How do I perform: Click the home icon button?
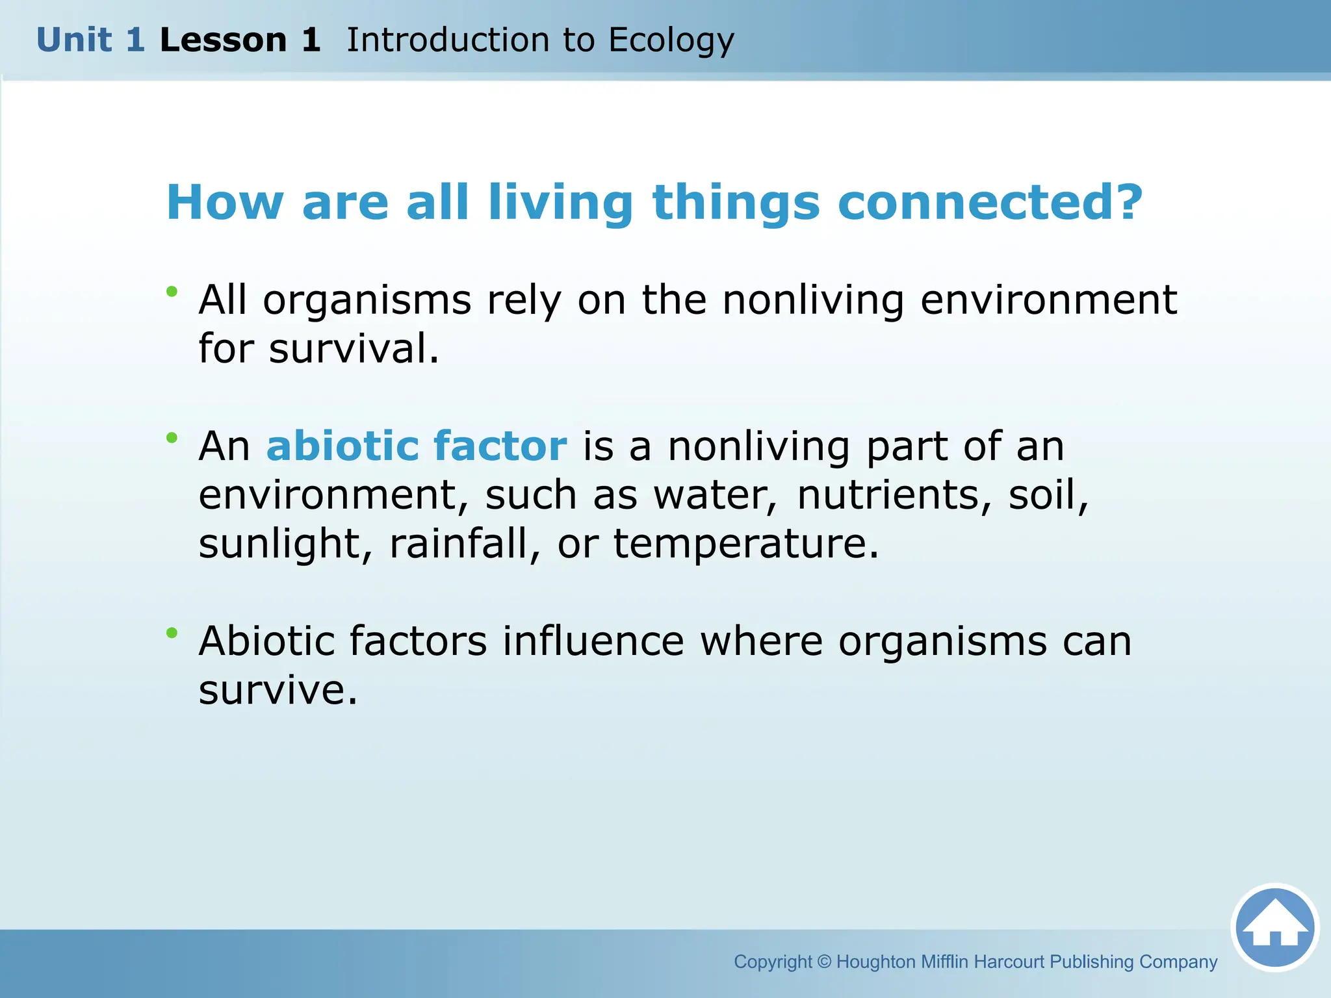coord(1274,927)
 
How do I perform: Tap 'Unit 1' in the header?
coord(90,40)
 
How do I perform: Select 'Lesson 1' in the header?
coord(240,40)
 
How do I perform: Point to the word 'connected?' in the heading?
coord(990,202)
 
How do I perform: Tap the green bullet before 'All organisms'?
coord(172,292)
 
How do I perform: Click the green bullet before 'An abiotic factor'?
coord(172,438)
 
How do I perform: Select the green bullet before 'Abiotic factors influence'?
coord(172,632)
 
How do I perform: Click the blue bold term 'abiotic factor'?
coord(417,446)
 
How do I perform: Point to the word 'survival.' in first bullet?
coord(354,348)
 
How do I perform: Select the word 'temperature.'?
coord(746,544)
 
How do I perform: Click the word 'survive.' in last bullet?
coord(278,690)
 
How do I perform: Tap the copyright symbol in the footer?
coord(824,962)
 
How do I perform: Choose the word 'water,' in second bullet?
coord(715,496)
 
